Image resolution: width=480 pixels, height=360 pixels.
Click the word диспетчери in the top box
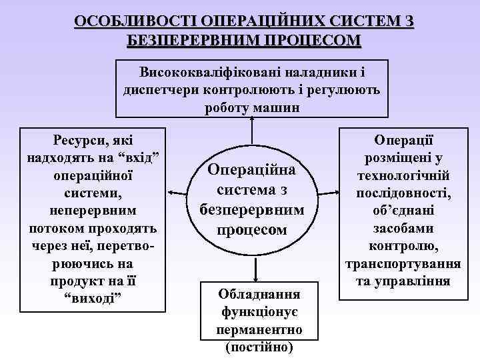pyautogui.click(x=161, y=89)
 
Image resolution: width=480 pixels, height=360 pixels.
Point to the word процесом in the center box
pyautogui.click(x=253, y=230)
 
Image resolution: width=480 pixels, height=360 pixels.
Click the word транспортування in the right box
pyautogui.click(x=403, y=263)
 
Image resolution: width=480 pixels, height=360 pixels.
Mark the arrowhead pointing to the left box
pyautogui.click(x=171, y=192)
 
